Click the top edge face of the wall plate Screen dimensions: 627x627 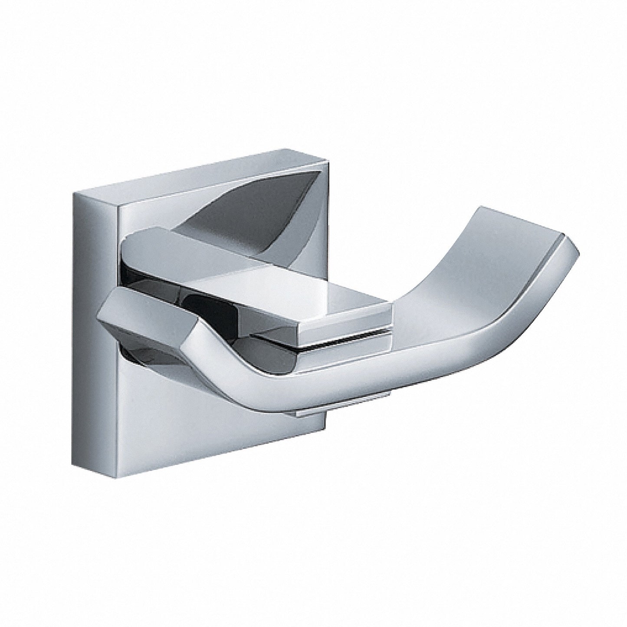195,167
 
